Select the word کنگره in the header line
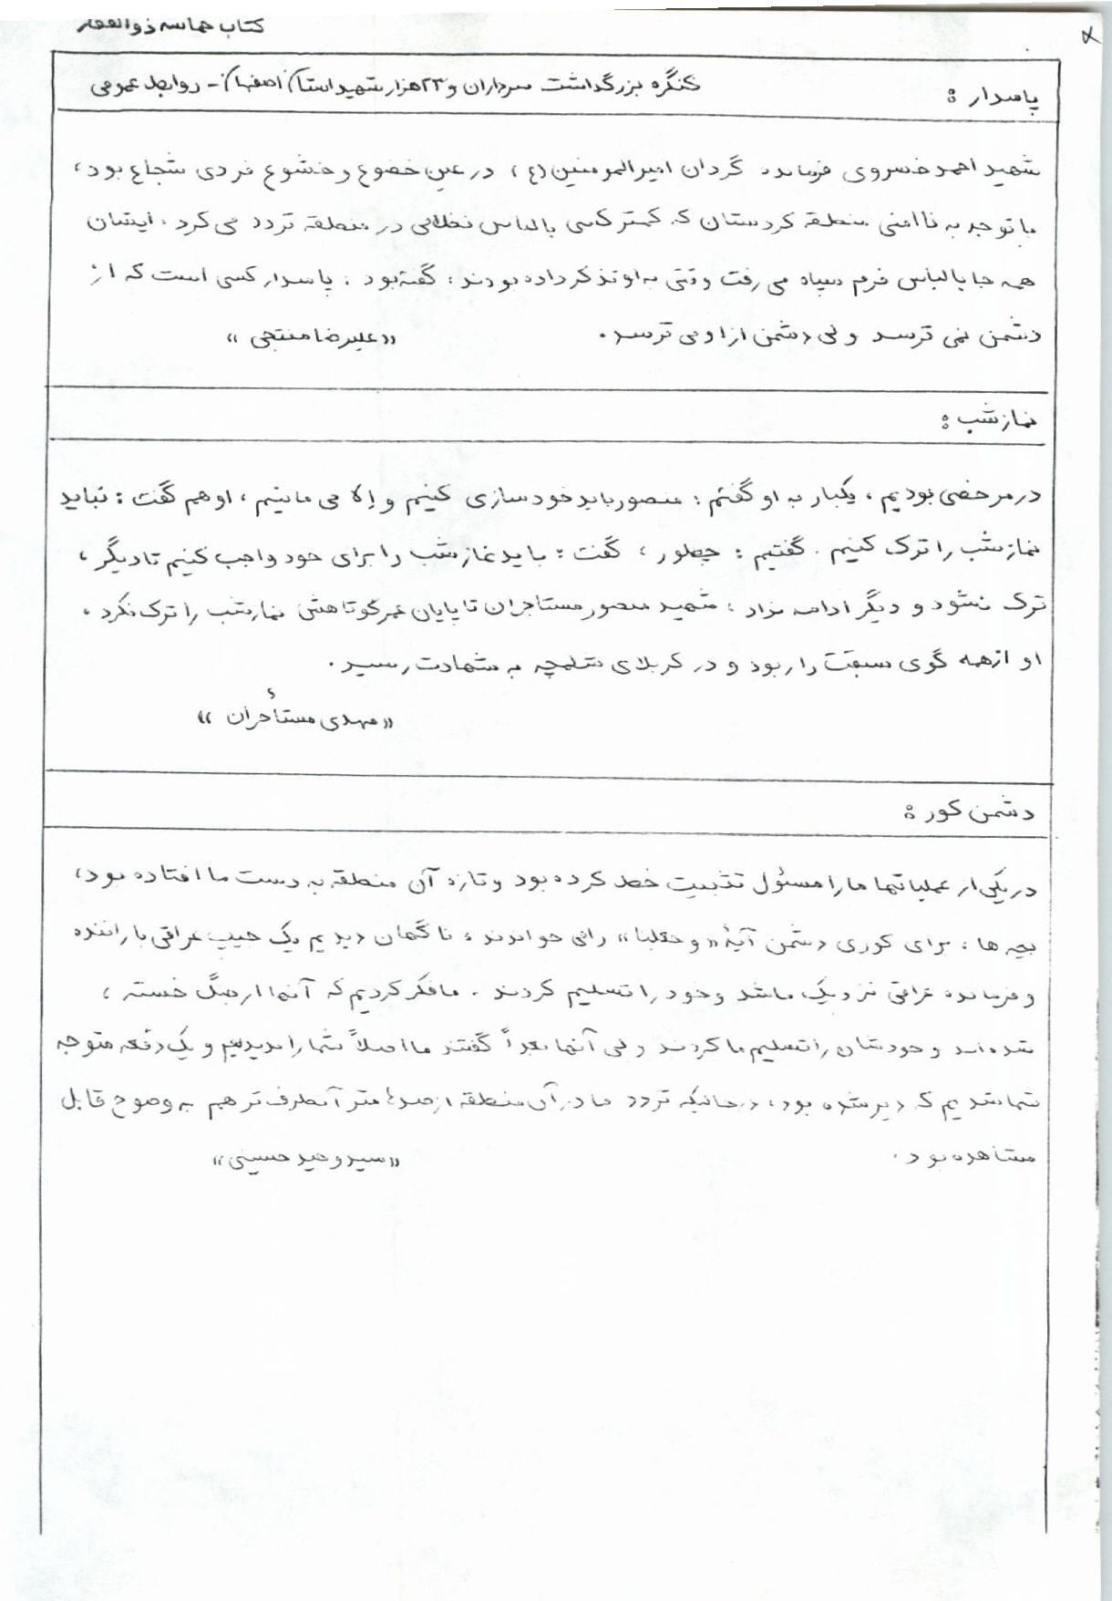pyautogui.click(x=670, y=85)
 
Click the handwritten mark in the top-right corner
pyautogui.click(x=1088, y=38)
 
